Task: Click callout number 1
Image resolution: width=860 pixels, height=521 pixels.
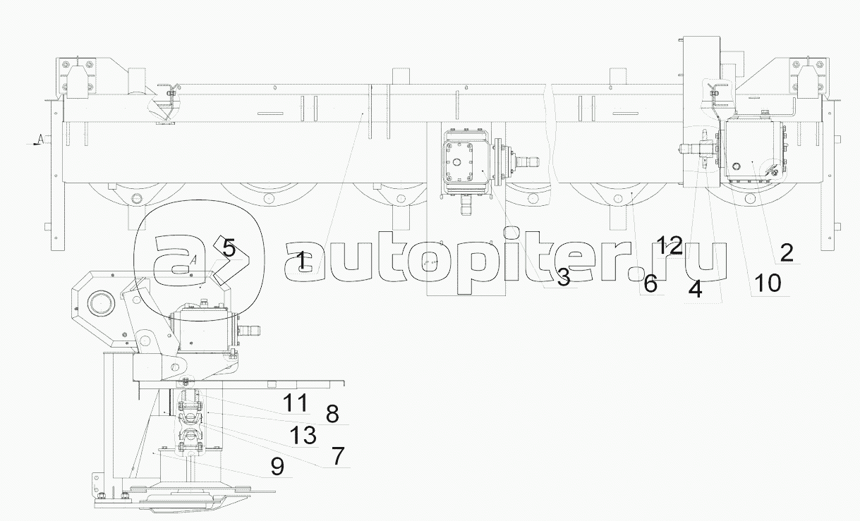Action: (302, 261)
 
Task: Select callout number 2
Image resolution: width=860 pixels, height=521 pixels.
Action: (787, 252)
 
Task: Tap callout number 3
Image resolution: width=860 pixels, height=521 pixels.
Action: (563, 277)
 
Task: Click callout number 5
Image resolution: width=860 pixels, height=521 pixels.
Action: (229, 248)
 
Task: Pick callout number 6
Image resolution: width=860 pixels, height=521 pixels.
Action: (650, 284)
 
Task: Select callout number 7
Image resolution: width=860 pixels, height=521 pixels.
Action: (337, 456)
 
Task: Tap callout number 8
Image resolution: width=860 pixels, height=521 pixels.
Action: (332, 414)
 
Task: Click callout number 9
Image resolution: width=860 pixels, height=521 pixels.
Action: (277, 467)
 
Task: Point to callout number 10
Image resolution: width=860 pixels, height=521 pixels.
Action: (768, 283)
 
